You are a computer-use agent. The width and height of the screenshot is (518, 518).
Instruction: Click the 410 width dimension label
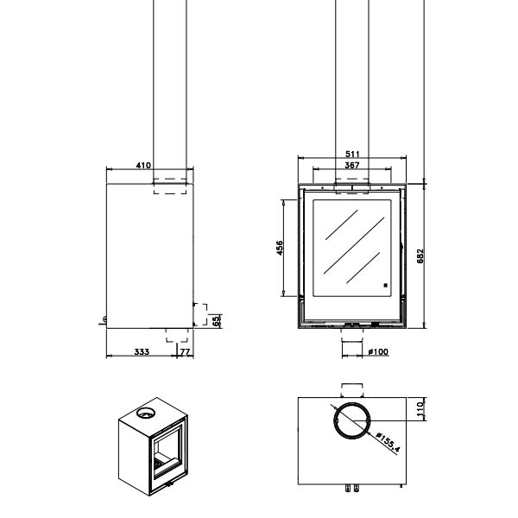(x=143, y=165)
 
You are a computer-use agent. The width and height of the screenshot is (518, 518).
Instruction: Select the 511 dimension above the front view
(x=352, y=154)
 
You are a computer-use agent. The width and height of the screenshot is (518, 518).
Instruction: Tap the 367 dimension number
(x=352, y=165)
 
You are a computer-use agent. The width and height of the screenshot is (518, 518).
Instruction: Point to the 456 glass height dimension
(x=280, y=248)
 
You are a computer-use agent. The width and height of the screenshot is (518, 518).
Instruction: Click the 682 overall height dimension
(x=420, y=256)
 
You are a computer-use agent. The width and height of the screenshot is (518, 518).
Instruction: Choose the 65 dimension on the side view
(x=216, y=321)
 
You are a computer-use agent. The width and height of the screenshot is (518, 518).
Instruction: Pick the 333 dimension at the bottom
(x=142, y=352)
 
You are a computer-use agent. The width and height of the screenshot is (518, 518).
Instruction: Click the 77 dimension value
(x=186, y=352)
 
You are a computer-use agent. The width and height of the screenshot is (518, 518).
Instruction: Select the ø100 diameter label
(x=378, y=352)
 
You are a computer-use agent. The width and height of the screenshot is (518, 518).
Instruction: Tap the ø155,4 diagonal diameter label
(x=388, y=442)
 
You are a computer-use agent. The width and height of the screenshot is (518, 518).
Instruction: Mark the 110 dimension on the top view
(x=420, y=409)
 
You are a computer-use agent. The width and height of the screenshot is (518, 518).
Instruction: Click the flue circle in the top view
(x=352, y=420)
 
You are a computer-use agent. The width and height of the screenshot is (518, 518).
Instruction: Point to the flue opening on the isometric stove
(x=145, y=413)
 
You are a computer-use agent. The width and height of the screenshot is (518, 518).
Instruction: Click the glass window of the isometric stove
(x=167, y=451)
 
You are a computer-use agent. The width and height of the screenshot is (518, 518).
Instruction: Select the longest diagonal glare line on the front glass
(x=354, y=245)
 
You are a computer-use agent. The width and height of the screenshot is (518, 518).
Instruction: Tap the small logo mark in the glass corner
(x=385, y=286)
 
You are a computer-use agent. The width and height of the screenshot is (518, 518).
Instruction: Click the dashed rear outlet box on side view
(x=200, y=315)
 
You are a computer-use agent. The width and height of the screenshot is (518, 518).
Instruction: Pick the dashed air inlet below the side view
(x=177, y=335)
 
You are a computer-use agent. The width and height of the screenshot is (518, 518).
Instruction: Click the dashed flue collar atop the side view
(x=170, y=186)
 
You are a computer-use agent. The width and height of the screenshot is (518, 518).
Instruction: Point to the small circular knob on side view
(x=105, y=319)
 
